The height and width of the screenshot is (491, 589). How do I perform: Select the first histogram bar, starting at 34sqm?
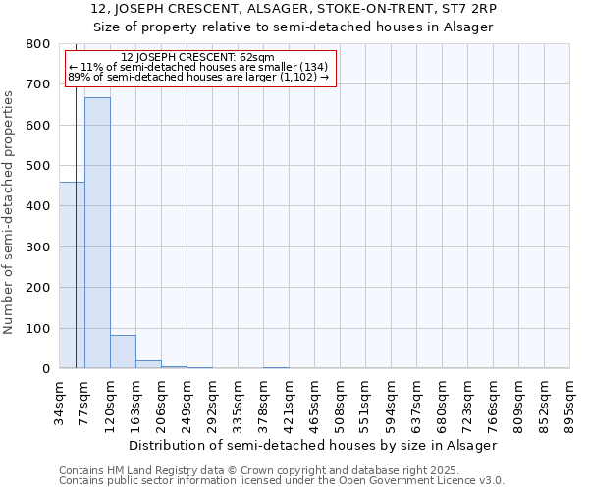pyautogui.click(x=72, y=275)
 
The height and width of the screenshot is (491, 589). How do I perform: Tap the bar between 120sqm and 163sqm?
pyautogui.click(x=123, y=352)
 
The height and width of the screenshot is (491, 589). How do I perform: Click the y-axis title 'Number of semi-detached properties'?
pyautogui.click(x=9, y=208)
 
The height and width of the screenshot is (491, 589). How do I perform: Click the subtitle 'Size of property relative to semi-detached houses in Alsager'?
pyautogui.click(x=294, y=27)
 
